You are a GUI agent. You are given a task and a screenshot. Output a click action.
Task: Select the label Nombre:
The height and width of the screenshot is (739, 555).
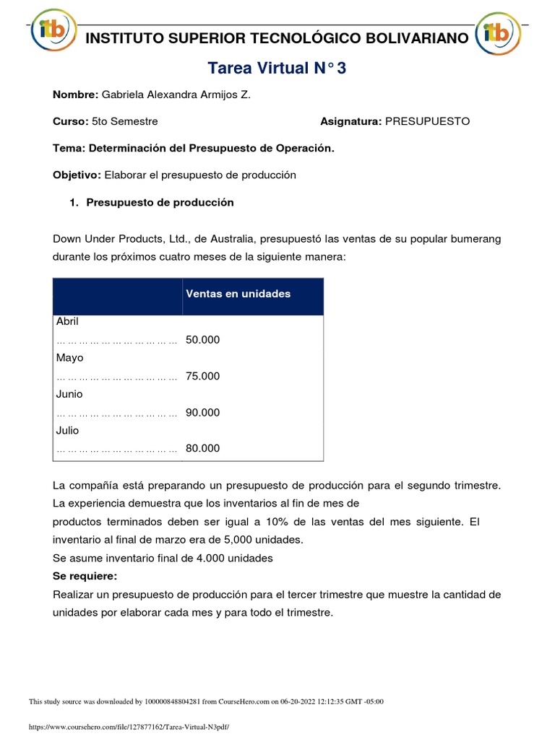(76, 95)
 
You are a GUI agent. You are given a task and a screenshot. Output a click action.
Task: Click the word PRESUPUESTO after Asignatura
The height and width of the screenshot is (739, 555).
(427, 121)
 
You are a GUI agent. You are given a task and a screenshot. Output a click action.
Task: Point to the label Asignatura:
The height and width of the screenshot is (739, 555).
(350, 121)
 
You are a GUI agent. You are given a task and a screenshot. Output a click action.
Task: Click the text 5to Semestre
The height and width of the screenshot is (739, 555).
(125, 121)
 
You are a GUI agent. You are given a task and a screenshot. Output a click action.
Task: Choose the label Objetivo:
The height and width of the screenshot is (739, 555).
(77, 175)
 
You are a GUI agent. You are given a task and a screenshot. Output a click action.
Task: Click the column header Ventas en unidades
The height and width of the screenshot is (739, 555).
(238, 294)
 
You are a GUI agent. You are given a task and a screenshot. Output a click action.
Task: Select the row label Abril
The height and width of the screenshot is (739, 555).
(67, 322)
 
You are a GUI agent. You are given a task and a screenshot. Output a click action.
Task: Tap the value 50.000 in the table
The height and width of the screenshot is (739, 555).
(202, 340)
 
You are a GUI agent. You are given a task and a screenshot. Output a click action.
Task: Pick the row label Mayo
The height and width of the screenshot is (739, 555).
(69, 358)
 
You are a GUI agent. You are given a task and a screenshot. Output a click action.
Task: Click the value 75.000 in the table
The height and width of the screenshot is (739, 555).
(202, 376)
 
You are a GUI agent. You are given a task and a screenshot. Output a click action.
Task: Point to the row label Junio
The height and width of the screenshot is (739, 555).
(69, 394)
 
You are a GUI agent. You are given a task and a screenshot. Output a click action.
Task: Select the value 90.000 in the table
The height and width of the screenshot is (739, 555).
(202, 412)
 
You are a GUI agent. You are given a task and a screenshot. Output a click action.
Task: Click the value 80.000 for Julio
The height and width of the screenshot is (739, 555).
(202, 448)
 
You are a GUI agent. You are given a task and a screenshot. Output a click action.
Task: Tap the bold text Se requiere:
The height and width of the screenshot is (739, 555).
(85, 576)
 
